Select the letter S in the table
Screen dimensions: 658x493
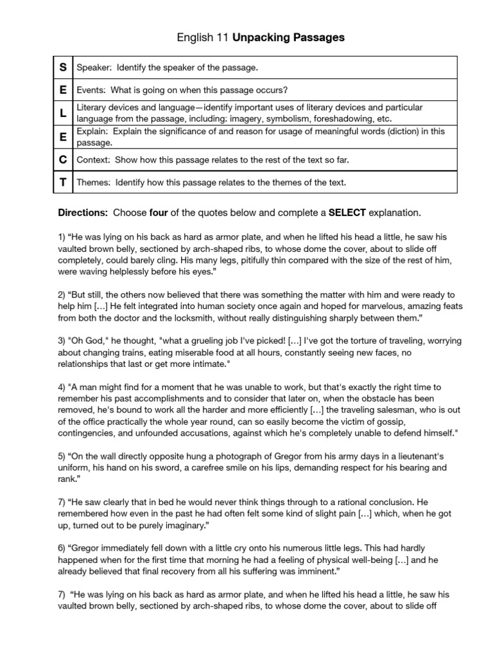point(64,67)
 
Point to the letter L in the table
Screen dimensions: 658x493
point(64,112)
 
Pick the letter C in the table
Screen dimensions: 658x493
point(64,159)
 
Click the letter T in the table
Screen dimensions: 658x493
point(64,182)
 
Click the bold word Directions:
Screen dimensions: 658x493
point(82,212)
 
